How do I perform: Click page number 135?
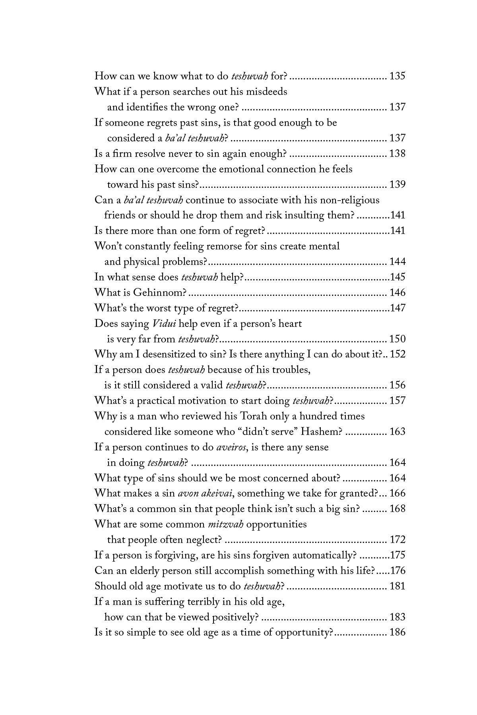coord(397,75)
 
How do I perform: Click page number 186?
coord(397,632)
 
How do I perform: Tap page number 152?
coord(397,354)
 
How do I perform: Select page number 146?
coord(397,293)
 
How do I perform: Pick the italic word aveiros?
coord(231,447)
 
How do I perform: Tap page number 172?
coord(397,540)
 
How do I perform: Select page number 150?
coord(397,339)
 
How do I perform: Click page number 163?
coord(397,432)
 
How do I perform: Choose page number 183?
coord(397,617)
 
